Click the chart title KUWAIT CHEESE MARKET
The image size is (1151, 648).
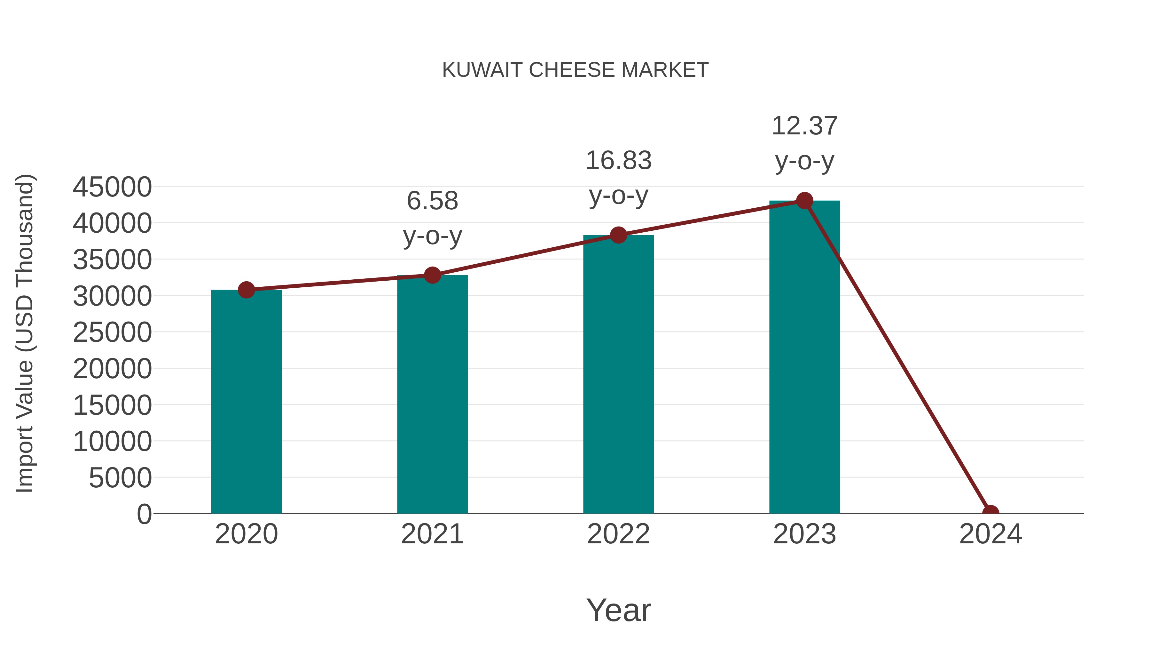[575, 70]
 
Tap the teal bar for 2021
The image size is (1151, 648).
[432, 394]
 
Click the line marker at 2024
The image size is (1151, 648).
[990, 513]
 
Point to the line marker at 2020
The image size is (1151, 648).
[246, 290]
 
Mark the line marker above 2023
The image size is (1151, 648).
[804, 201]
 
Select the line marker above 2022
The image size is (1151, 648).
[618, 235]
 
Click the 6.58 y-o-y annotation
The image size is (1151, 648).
[432, 218]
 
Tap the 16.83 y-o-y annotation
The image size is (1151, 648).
[618, 178]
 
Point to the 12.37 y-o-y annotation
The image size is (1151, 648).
[804, 143]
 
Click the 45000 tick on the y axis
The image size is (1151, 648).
[112, 187]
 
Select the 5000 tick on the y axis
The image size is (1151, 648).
[120, 478]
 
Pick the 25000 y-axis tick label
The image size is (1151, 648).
[112, 332]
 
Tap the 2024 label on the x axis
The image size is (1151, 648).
[990, 534]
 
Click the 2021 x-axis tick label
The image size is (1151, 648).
[432, 534]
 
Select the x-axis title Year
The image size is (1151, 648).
[618, 610]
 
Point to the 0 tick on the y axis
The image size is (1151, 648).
[144, 514]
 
